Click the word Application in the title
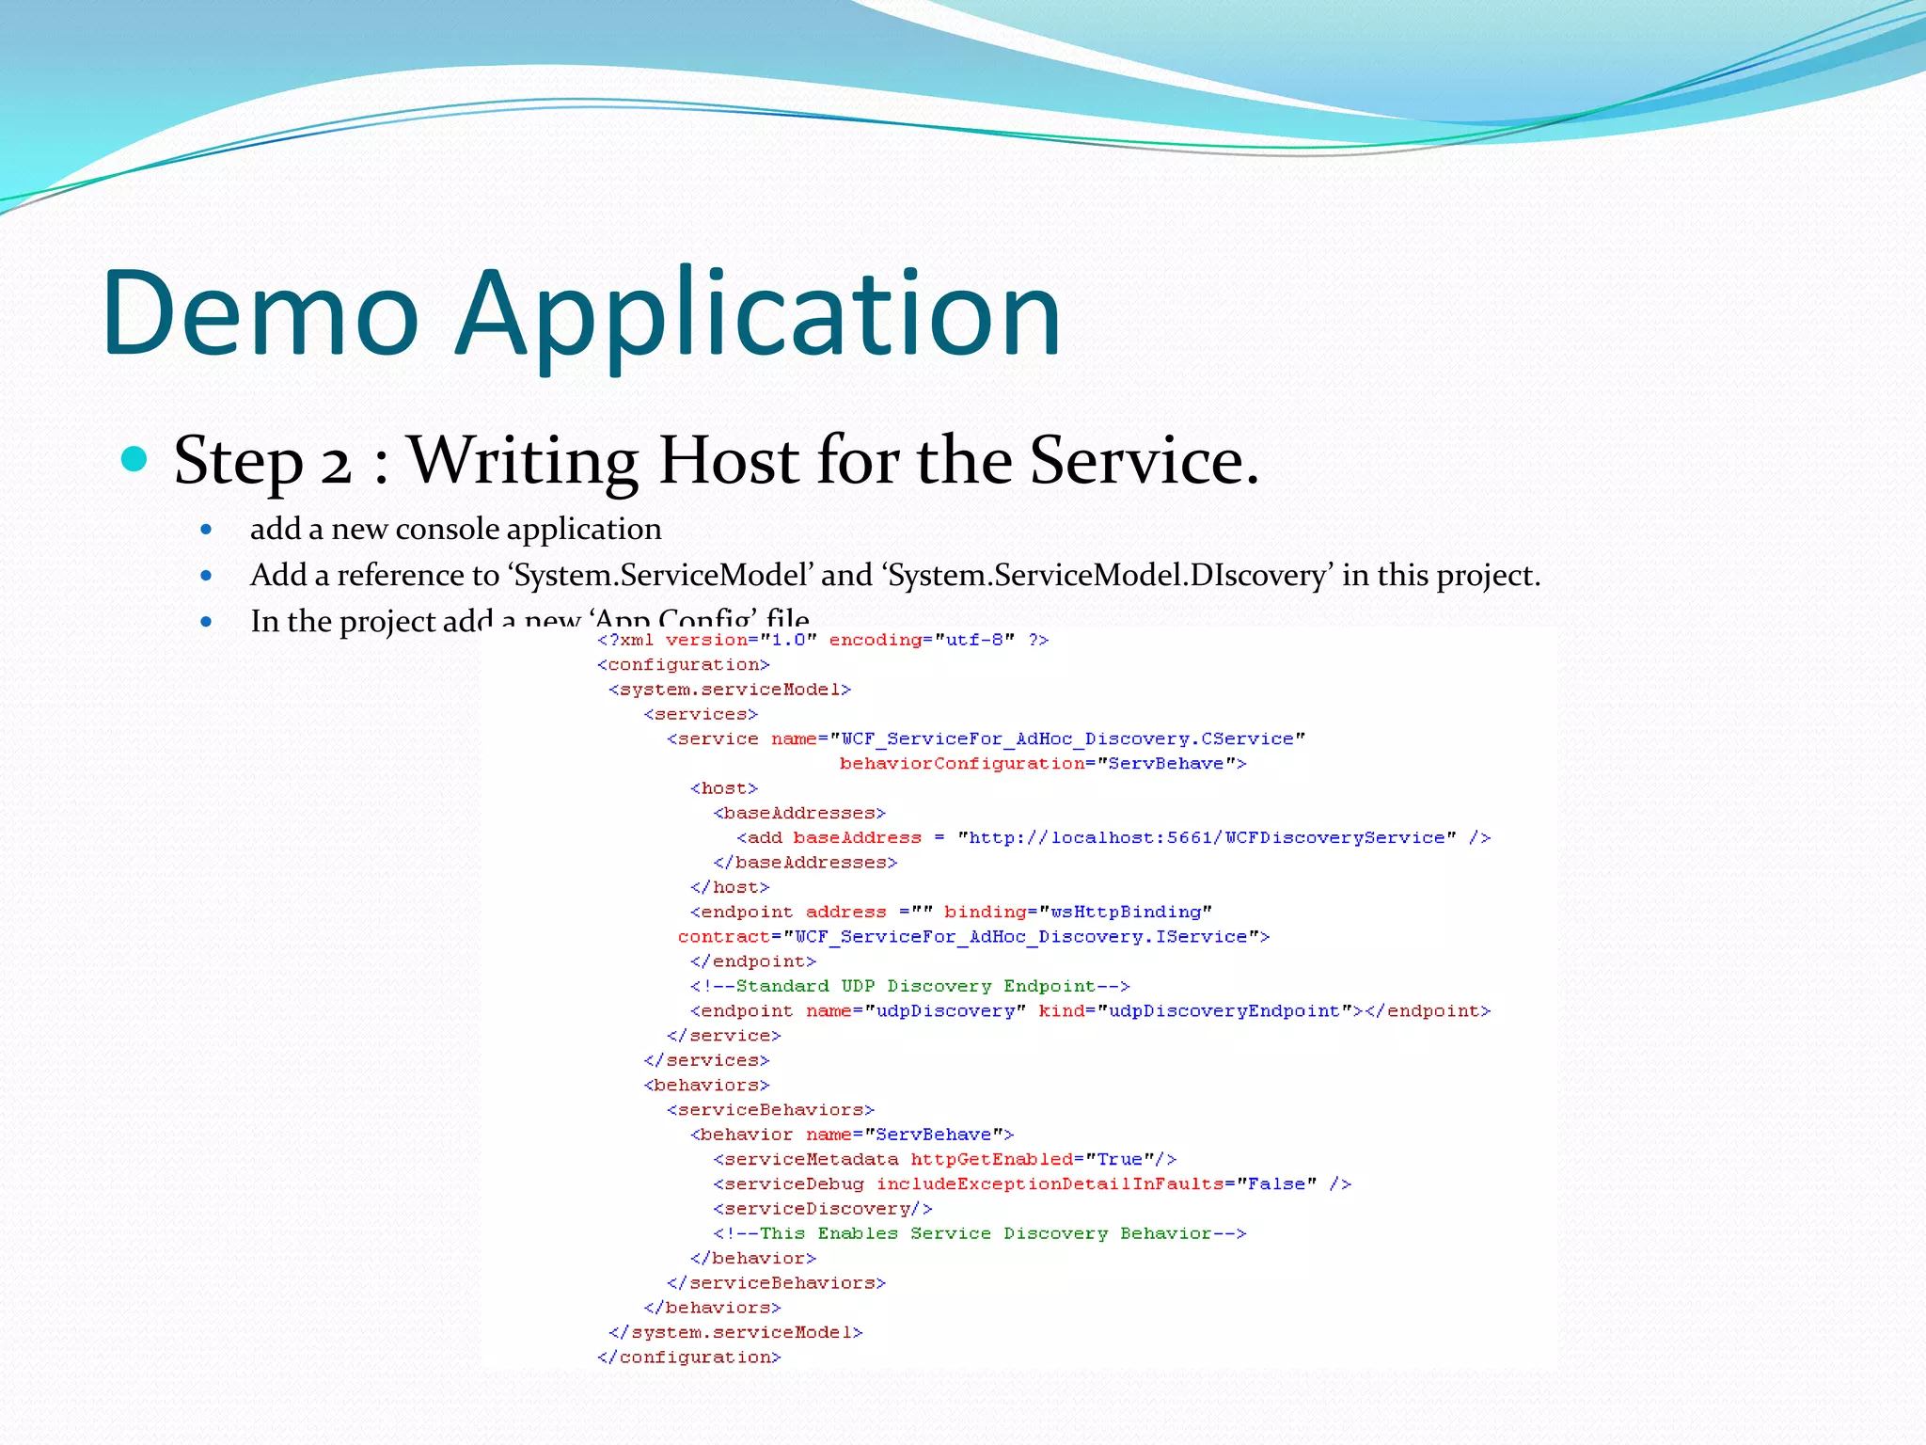pos(758,315)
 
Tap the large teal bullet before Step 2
pos(135,459)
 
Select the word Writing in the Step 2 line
pos(523,460)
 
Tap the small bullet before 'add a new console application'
pos(206,530)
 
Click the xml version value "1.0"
pos(788,640)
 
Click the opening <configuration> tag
pos(684,664)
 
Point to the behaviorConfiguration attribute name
pos(961,764)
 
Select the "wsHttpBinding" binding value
pos(1126,912)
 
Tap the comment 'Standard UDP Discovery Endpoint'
pos(909,986)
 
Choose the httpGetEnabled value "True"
pos(1119,1159)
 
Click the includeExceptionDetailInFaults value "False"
pos(1276,1183)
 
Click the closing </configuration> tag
pos(689,1358)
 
